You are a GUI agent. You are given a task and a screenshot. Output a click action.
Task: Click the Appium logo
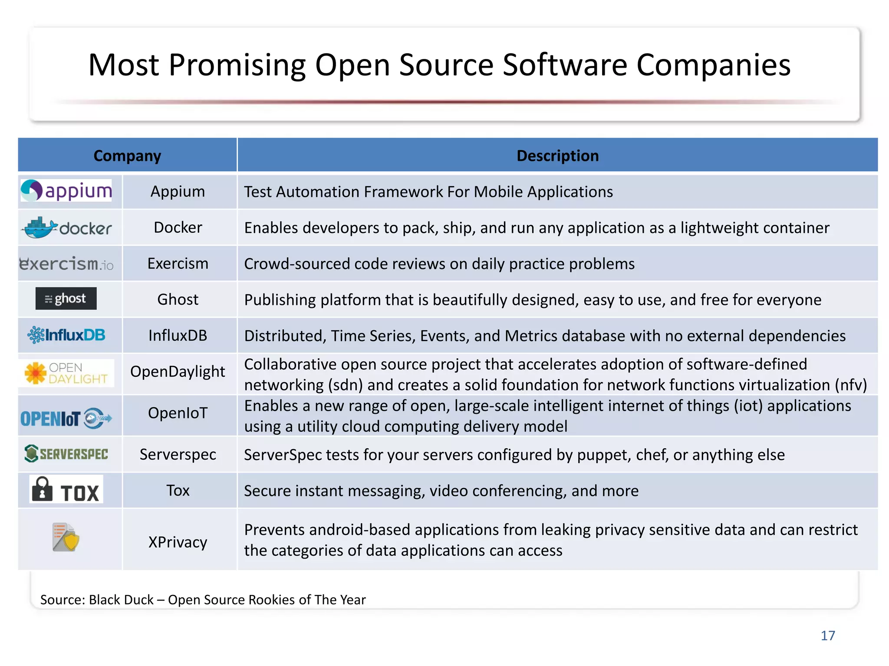coord(66,191)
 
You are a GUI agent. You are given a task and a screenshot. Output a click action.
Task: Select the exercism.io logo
coord(66,264)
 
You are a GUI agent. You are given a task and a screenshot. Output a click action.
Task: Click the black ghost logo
coord(66,299)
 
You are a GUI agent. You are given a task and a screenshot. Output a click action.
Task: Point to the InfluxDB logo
coord(66,335)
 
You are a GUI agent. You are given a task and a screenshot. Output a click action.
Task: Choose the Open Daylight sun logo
coord(66,373)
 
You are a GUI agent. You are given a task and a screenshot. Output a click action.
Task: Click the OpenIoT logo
coord(66,418)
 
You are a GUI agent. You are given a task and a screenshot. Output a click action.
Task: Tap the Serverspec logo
coord(66,454)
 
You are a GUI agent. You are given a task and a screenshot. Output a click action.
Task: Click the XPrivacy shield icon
coord(66,538)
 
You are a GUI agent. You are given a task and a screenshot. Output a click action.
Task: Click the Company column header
coord(127,156)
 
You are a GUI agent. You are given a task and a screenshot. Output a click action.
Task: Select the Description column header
coord(557,156)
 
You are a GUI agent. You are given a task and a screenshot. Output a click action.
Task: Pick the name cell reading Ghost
coord(178,300)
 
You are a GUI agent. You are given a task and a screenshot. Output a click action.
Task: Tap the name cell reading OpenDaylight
coord(178,372)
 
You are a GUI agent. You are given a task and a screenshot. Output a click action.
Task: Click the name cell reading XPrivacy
coord(178,542)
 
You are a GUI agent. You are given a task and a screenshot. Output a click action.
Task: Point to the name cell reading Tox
coord(178,490)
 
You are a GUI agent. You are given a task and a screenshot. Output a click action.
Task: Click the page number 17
coord(828,636)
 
